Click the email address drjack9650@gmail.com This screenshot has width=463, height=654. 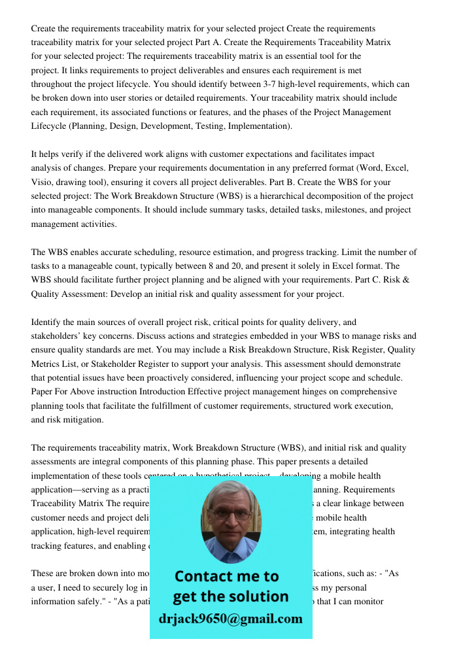pyautogui.click(x=231, y=619)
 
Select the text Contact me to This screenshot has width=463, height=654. pyautogui.click(x=227, y=576)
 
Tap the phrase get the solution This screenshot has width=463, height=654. pyautogui.click(x=230, y=596)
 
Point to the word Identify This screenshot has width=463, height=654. pyautogui.click(x=48, y=322)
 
